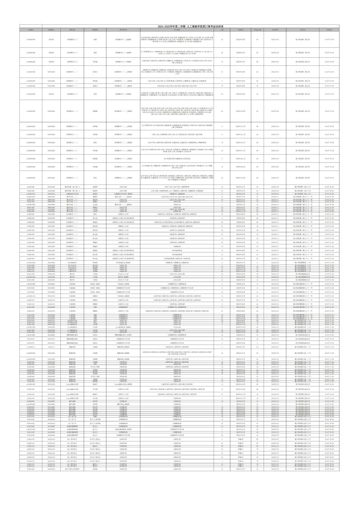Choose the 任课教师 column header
(95, 30)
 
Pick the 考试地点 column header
(241, 30)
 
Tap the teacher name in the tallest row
(95, 111)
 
